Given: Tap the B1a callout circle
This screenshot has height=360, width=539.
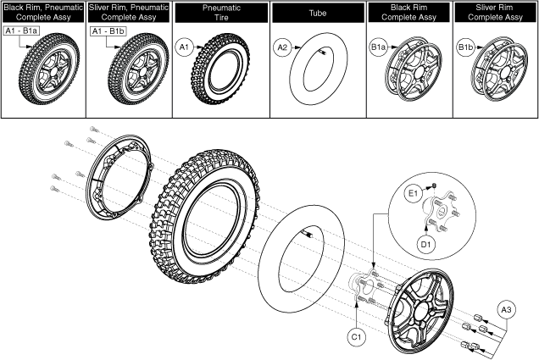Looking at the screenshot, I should (378, 49).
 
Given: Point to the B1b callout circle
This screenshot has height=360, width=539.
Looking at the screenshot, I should (466, 49).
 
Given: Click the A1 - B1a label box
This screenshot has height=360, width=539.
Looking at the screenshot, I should (22, 30).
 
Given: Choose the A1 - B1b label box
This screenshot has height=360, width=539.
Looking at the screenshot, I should (108, 30).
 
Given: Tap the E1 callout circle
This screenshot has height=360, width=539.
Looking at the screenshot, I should (414, 193).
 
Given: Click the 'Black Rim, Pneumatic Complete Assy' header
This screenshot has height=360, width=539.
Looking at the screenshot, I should (42, 12).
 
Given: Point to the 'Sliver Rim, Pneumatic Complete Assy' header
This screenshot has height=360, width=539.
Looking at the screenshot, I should (131, 12).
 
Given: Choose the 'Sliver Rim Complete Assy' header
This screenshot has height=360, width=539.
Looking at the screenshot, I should (495, 12).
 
